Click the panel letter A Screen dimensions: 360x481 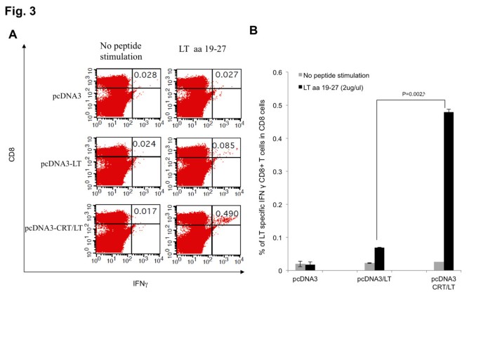(13, 34)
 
